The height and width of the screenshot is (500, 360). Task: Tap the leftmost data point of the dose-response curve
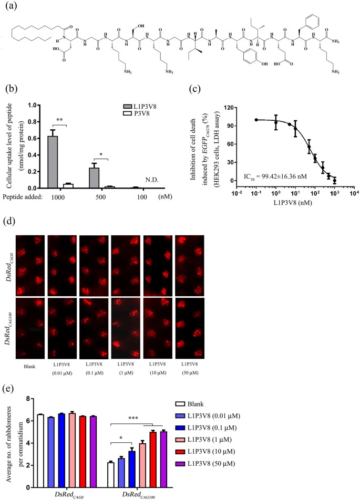256,120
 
